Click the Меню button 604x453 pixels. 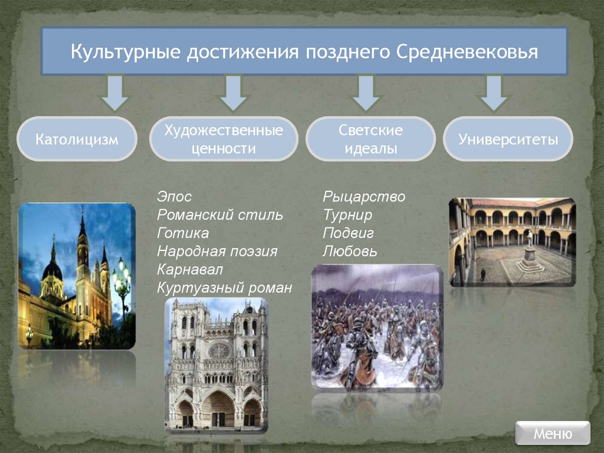pos(552,434)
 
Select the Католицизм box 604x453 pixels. pos(77,139)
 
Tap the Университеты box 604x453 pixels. pos(508,139)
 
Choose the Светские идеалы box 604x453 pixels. pos(370,139)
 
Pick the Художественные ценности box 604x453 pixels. pos(224,139)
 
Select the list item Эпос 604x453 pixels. pos(175,197)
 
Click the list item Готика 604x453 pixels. pos(183,233)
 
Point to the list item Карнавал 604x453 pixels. pos(189,270)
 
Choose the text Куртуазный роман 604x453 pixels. pos(225,288)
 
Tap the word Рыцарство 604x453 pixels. pos(364,197)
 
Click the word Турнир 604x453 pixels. pos(347,215)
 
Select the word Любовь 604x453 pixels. pos(350,252)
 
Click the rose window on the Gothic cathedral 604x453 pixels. pos(218,350)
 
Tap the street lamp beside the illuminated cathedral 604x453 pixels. pos(122,281)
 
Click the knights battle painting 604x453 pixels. pos(377,327)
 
